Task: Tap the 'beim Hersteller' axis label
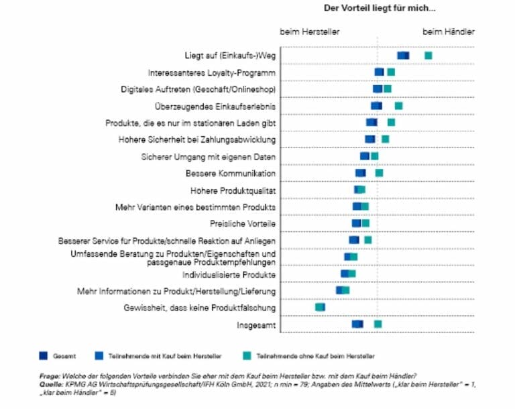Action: [x=310, y=32]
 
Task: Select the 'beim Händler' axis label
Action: [x=449, y=32]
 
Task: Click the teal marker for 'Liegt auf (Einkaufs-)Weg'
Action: [x=428, y=55]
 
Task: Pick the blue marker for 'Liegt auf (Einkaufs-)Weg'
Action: [x=403, y=55]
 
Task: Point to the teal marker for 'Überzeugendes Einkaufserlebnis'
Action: [x=398, y=106]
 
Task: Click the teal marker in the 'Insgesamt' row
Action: [x=378, y=325]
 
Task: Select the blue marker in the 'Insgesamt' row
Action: [x=357, y=325]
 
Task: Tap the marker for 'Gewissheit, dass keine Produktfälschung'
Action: [x=320, y=307]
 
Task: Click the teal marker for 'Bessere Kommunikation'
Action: [x=379, y=173]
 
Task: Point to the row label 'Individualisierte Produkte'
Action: [x=229, y=275]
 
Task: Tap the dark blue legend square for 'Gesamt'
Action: [x=44, y=355]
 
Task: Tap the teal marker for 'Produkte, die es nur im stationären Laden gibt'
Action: [x=391, y=123]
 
